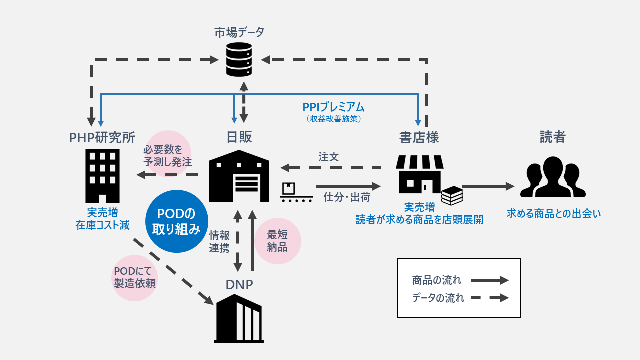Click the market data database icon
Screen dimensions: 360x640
[x=239, y=59]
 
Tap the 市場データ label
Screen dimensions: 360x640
[x=239, y=32]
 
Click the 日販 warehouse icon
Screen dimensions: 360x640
[x=239, y=176]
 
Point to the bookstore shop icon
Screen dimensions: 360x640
[x=419, y=174]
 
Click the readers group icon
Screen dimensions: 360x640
[x=552, y=177]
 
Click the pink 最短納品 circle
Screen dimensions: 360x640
[x=278, y=241]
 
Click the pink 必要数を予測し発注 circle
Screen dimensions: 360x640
[x=168, y=155]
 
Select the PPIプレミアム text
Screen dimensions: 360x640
[x=333, y=107]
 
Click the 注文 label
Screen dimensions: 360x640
[x=329, y=156]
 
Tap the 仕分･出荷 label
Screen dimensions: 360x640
[x=347, y=197]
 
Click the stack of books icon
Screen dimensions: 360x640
[x=452, y=195]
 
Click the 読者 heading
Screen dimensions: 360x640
[x=552, y=137]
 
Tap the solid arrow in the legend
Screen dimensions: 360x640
[x=490, y=280]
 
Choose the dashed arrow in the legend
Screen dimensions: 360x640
[x=490, y=298]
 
